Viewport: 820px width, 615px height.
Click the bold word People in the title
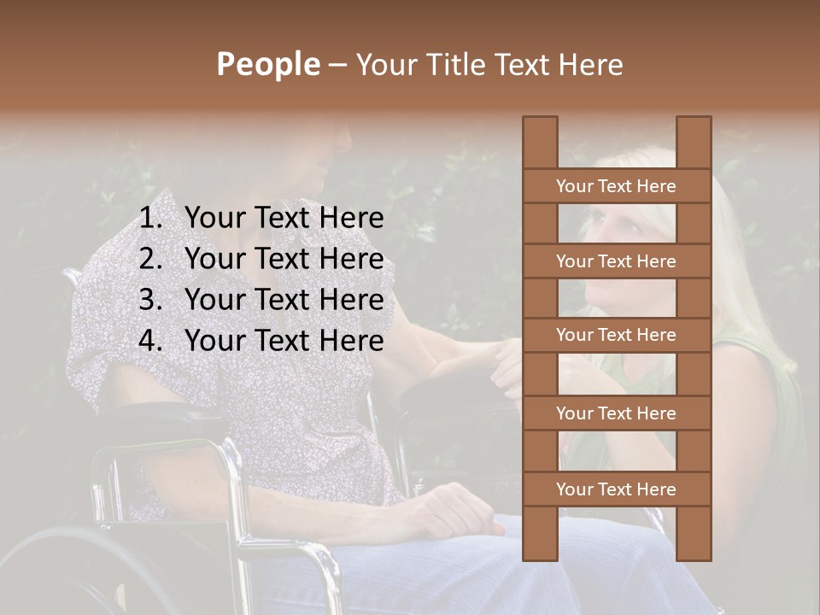(267, 64)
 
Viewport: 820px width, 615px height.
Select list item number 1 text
(284, 219)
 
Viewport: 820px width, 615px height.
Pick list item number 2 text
(284, 259)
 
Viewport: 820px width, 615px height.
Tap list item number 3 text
(284, 300)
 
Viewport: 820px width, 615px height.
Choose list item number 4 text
(284, 341)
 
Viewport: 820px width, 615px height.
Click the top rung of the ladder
(616, 186)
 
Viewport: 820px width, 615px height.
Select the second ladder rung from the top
(616, 261)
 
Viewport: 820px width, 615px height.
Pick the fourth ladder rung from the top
(616, 413)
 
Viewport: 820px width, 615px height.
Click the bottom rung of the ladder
(616, 489)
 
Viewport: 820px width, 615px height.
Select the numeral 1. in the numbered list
(150, 219)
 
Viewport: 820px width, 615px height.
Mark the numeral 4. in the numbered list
(150, 341)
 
